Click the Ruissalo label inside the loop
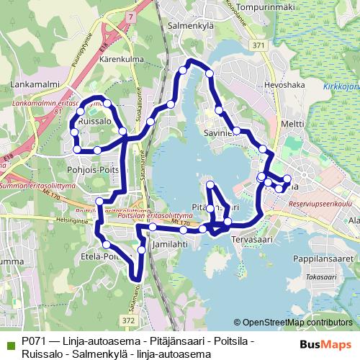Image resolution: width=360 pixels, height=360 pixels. click(94, 122)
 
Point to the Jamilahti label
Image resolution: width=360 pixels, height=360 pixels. click(171, 244)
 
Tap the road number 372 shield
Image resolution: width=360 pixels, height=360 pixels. click(129, 319)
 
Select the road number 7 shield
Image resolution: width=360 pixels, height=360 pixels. click(130, 14)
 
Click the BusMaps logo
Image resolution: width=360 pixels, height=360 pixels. click(323, 345)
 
